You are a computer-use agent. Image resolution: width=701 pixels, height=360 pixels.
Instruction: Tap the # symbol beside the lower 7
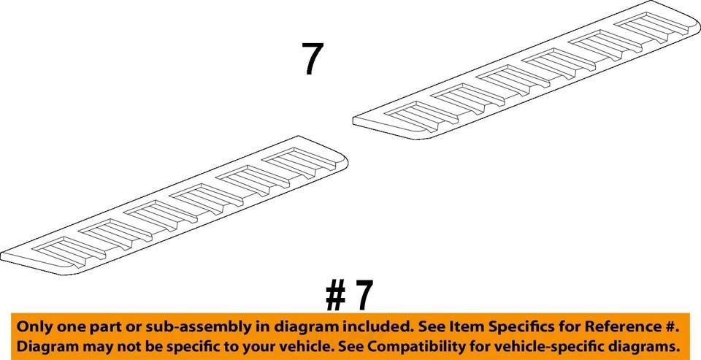[x=335, y=296]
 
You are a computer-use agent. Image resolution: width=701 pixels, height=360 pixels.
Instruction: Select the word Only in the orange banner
[x=33, y=326]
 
